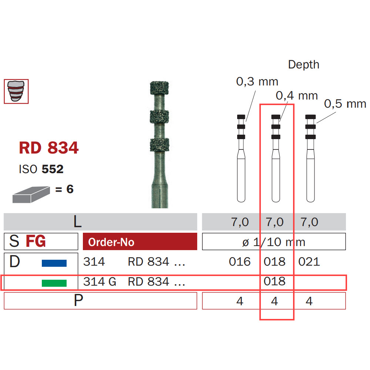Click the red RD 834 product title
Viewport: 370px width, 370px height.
click(x=48, y=148)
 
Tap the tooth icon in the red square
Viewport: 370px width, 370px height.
click(x=16, y=91)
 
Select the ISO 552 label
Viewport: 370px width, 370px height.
click(x=41, y=169)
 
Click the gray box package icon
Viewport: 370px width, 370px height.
click(x=31, y=195)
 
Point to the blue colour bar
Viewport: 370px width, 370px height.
click(x=54, y=263)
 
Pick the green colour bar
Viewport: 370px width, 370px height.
click(x=54, y=283)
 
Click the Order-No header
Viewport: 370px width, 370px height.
click(x=111, y=242)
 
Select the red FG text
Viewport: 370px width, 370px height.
click(x=36, y=241)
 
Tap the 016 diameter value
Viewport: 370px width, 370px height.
click(x=240, y=262)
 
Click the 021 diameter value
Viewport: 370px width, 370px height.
click(x=309, y=262)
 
